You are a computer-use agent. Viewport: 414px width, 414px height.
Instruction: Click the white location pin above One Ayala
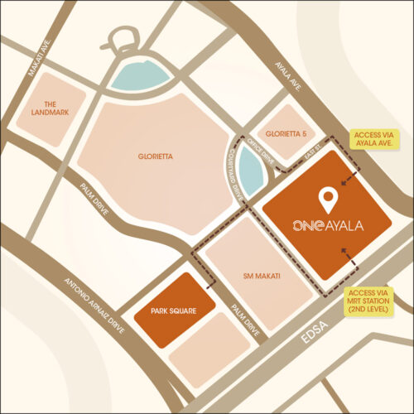click(x=329, y=199)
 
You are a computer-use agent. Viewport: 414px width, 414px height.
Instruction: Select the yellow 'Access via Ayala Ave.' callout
click(x=376, y=138)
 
